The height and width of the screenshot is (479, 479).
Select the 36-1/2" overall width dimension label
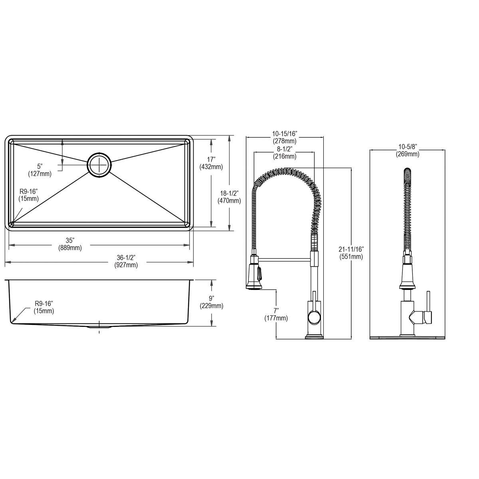pyautogui.click(x=126, y=262)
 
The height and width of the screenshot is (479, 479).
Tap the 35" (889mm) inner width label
pyautogui.click(x=70, y=244)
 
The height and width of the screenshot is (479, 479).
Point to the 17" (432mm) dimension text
pyautogui.click(x=211, y=164)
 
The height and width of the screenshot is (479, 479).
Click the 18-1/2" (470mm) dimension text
pyautogui.click(x=229, y=198)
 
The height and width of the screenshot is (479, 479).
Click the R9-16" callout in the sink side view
pyautogui.click(x=44, y=307)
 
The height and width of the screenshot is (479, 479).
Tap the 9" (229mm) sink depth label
pyautogui.click(x=212, y=302)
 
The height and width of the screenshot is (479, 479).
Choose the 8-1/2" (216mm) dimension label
pyautogui.click(x=285, y=152)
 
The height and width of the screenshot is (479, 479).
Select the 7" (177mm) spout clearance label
pyautogui.click(x=276, y=314)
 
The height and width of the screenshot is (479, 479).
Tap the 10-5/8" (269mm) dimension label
pyautogui.click(x=408, y=151)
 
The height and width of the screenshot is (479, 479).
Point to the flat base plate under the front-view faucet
pyautogui.click(x=408, y=337)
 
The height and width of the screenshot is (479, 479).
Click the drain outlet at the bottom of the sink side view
pyautogui.click(x=99, y=327)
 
